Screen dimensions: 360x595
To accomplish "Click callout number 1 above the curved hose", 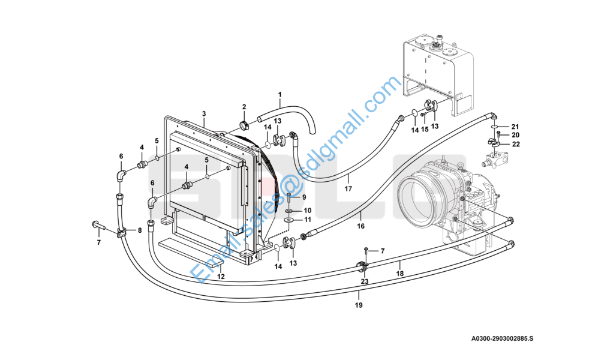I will (x=279, y=94).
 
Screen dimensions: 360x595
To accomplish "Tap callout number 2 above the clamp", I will (x=244, y=107).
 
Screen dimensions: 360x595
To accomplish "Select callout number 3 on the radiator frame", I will (x=204, y=114).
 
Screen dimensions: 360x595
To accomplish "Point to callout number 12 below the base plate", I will (x=221, y=277).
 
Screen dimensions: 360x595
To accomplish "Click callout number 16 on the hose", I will (x=360, y=226).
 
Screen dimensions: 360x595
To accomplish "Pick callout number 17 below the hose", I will (x=348, y=190).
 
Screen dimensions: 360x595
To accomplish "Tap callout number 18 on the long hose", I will (x=400, y=273).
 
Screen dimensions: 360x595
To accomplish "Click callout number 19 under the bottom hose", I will (x=359, y=305).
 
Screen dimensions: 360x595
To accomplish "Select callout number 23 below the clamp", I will (x=365, y=281).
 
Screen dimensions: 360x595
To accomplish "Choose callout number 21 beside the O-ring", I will (x=515, y=127).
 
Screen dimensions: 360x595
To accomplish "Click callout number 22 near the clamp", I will (x=515, y=144).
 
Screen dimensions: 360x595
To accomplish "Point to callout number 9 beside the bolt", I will (x=303, y=197).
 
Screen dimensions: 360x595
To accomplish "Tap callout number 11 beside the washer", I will (x=307, y=220).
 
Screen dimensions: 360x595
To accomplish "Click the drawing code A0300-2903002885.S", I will (x=501, y=339).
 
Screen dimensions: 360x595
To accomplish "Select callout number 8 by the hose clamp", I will (x=140, y=230).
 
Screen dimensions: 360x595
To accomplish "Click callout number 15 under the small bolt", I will (x=424, y=130).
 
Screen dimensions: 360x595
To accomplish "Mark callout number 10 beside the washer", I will (x=307, y=211).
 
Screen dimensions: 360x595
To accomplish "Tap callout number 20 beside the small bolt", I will (x=515, y=135).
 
